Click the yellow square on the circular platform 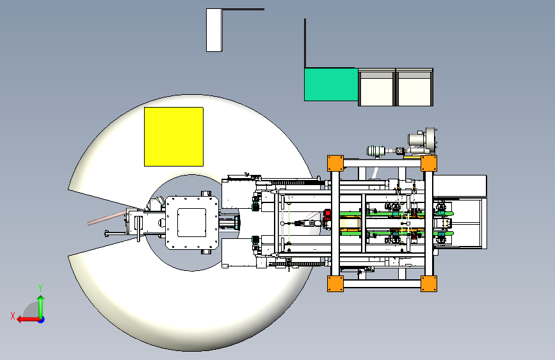pyautogui.click(x=173, y=136)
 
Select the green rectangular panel pyautogui.click(x=331, y=85)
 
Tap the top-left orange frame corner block pyautogui.click(x=335, y=163)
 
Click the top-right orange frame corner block pyautogui.click(x=429, y=163)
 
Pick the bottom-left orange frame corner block pyautogui.click(x=335, y=284)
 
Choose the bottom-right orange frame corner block pyautogui.click(x=429, y=284)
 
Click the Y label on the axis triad pyautogui.click(x=40, y=288)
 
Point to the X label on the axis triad pyautogui.click(x=13, y=316)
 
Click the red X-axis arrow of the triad pyautogui.click(x=28, y=320)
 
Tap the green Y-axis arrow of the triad pyautogui.click(x=41, y=307)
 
